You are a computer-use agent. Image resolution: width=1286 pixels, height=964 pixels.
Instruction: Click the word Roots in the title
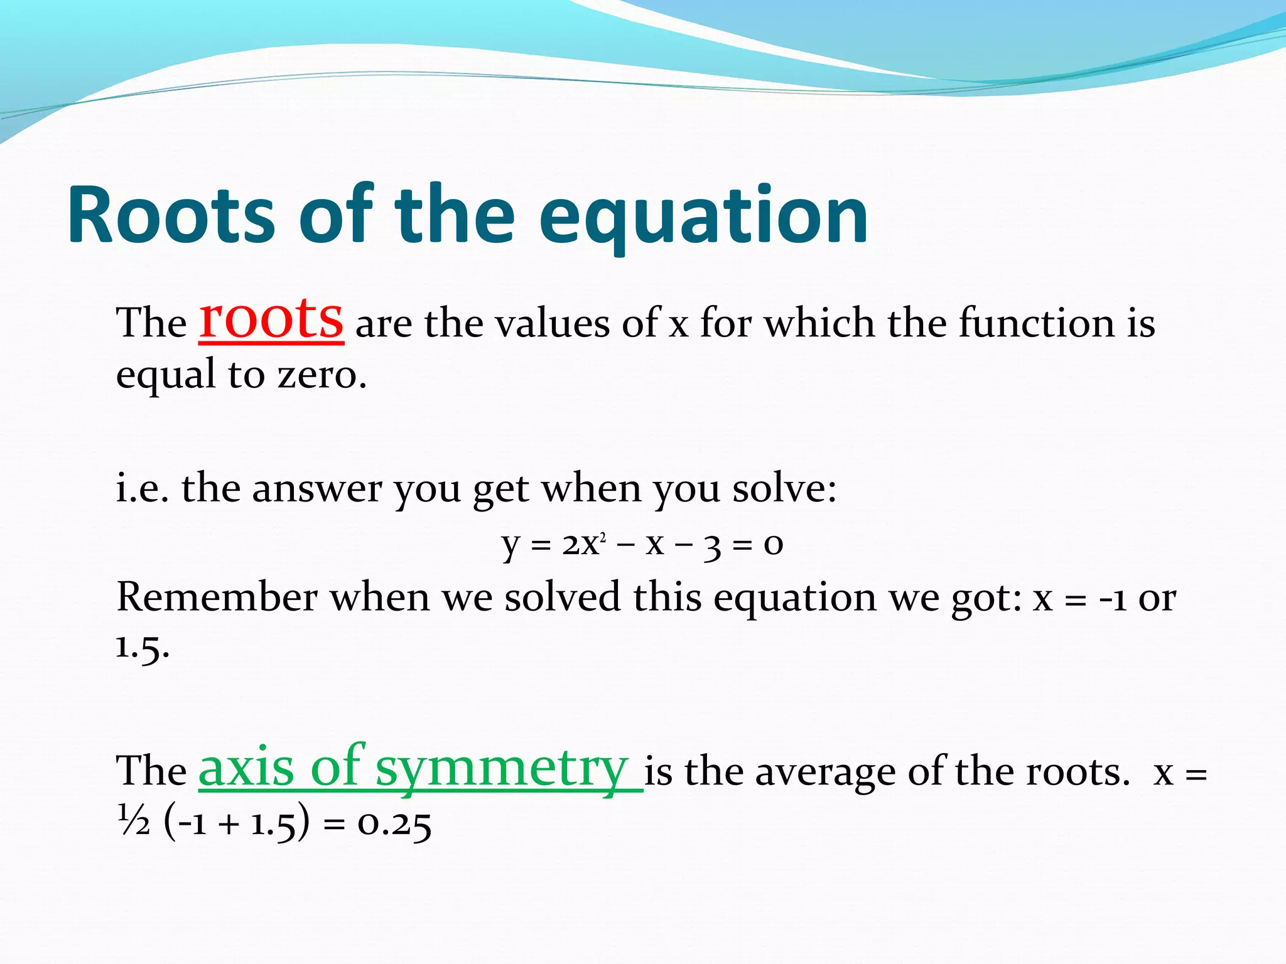click(x=171, y=215)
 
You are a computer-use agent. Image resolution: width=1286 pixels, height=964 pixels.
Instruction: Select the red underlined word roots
click(x=271, y=318)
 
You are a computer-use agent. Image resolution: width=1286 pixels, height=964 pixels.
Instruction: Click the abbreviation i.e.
click(x=143, y=488)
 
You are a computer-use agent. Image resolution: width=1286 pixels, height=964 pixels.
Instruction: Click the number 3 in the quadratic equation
click(x=712, y=545)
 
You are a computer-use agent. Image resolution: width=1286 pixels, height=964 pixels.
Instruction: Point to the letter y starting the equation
click(x=511, y=545)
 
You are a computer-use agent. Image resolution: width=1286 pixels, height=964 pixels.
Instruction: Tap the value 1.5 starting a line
click(x=143, y=646)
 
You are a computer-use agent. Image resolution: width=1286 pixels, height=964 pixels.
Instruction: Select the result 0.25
click(x=394, y=823)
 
